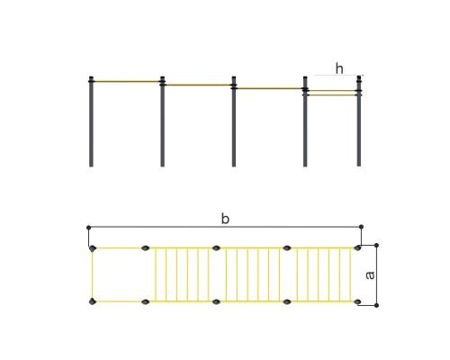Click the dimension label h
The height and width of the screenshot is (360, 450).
pyautogui.click(x=339, y=68)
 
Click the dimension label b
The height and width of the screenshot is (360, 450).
pyautogui.click(x=225, y=219)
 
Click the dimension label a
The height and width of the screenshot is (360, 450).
pyautogui.click(x=370, y=275)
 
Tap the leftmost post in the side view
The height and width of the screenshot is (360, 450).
pyautogui.click(x=91, y=121)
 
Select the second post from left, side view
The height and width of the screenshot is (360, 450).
pyautogui.click(x=162, y=121)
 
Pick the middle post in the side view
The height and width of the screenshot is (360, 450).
pyautogui.click(x=234, y=121)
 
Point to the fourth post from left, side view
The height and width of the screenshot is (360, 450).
pyautogui.click(x=305, y=121)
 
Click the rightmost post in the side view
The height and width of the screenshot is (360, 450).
pyautogui.click(x=359, y=121)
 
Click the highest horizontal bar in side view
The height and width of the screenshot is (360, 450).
pyautogui.click(x=127, y=81)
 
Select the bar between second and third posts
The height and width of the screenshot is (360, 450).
pyautogui.click(x=198, y=85)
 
